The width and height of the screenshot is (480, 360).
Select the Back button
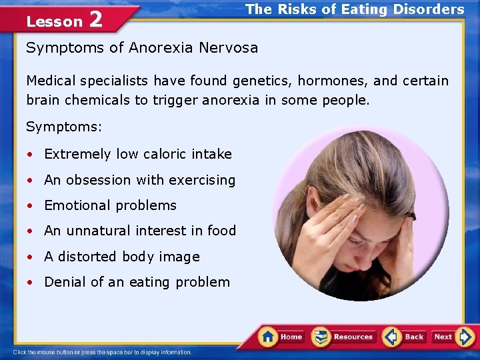[404, 337]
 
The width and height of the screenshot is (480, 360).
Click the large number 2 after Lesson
[95, 20]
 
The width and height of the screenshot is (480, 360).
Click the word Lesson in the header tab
[54, 22]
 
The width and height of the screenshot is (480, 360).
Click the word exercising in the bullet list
[203, 180]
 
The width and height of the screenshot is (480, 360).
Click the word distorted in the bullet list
[87, 257]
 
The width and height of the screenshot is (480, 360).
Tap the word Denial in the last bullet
[65, 282]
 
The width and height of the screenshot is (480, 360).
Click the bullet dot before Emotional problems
[31, 206]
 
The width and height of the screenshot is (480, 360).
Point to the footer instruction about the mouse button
[102, 352]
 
